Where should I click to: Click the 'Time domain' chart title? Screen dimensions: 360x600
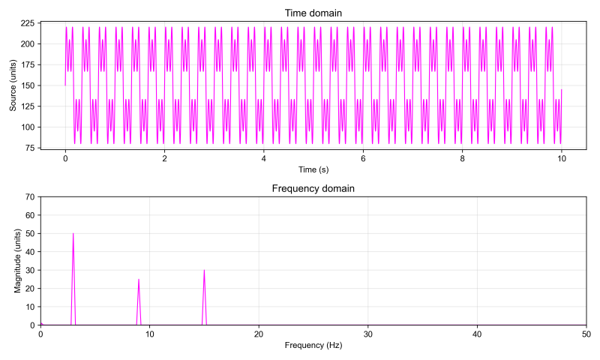313,13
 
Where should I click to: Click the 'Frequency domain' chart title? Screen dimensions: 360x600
313,188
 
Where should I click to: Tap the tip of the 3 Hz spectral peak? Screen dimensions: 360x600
73,233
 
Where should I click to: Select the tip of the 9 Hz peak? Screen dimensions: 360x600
139,279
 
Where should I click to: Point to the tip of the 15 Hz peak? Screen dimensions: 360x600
204,270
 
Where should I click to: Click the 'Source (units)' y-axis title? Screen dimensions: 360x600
13,85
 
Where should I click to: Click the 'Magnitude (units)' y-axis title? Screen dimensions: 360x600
19,261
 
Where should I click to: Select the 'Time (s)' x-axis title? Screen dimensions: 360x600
313,170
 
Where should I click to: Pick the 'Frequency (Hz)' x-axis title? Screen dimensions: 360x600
313,346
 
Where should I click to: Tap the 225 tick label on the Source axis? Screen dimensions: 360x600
26,23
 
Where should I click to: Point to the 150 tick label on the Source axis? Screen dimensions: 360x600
26,85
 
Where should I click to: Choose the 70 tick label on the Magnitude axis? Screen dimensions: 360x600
29,196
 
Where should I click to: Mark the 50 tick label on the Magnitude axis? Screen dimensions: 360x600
29,233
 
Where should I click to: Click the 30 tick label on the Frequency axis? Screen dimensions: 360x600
367,334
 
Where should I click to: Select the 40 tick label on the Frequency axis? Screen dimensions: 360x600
477,334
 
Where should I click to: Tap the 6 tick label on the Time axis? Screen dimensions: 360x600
363,158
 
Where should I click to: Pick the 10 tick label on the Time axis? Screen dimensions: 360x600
561,158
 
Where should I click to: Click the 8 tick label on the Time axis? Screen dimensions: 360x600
462,158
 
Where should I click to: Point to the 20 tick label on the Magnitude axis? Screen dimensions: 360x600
29,289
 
